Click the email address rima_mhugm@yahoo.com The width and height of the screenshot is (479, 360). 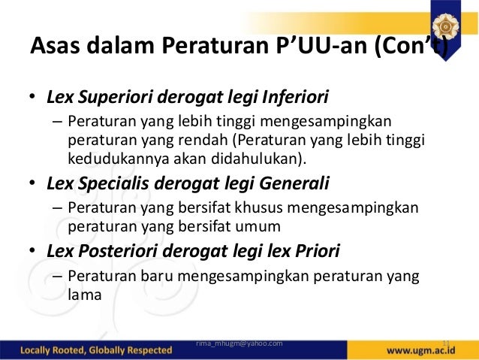point(239,343)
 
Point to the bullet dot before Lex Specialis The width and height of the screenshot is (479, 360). point(32,184)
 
